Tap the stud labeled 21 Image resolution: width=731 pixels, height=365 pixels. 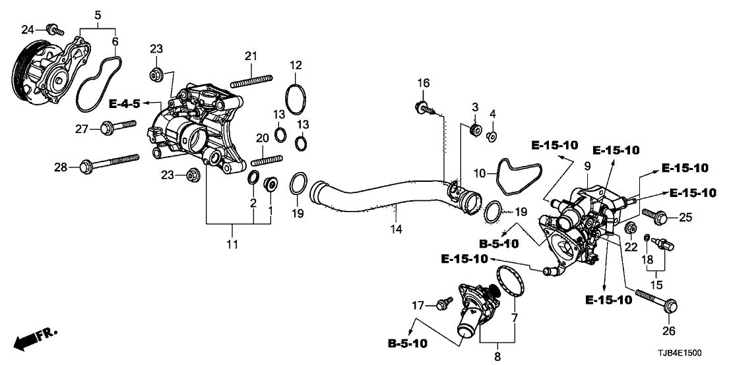251,80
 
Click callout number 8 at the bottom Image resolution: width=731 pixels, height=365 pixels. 497,356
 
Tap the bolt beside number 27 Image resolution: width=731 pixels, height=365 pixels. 119,126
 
